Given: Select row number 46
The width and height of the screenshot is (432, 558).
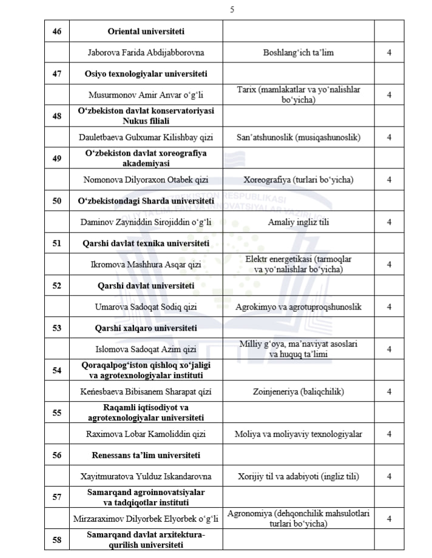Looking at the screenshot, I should (57, 31).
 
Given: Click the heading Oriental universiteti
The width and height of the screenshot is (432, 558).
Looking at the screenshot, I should (146, 31).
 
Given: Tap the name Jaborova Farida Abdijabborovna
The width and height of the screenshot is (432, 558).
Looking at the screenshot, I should (146, 53).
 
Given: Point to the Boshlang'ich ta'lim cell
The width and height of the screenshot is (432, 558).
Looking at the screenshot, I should (298, 53).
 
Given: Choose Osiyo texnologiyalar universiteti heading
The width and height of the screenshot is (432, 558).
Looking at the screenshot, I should (146, 74).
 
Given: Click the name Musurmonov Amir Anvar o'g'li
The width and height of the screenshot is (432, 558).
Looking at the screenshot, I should (146, 95).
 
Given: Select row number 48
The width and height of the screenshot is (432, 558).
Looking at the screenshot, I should (57, 116).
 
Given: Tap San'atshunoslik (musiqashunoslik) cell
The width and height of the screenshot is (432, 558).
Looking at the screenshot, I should (298, 138).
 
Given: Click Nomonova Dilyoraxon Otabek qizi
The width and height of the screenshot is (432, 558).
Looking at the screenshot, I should (146, 180).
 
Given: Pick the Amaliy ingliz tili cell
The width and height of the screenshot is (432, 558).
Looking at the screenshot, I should (298, 222).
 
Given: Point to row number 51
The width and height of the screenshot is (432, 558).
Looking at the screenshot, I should (57, 244).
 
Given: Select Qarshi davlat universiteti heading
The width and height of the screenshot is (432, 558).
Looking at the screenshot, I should (146, 285).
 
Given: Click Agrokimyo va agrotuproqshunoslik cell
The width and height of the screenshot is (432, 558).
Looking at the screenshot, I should (298, 307).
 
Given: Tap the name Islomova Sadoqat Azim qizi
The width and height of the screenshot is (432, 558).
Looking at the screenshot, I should (146, 349).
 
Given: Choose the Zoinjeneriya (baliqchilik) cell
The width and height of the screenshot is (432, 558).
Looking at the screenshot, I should (298, 391).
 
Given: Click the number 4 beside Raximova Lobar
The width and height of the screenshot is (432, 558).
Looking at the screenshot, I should (389, 434).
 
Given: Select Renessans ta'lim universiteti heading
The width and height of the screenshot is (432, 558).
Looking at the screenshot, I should (146, 455).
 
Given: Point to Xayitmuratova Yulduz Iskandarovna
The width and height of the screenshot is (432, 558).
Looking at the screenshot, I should (146, 476).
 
